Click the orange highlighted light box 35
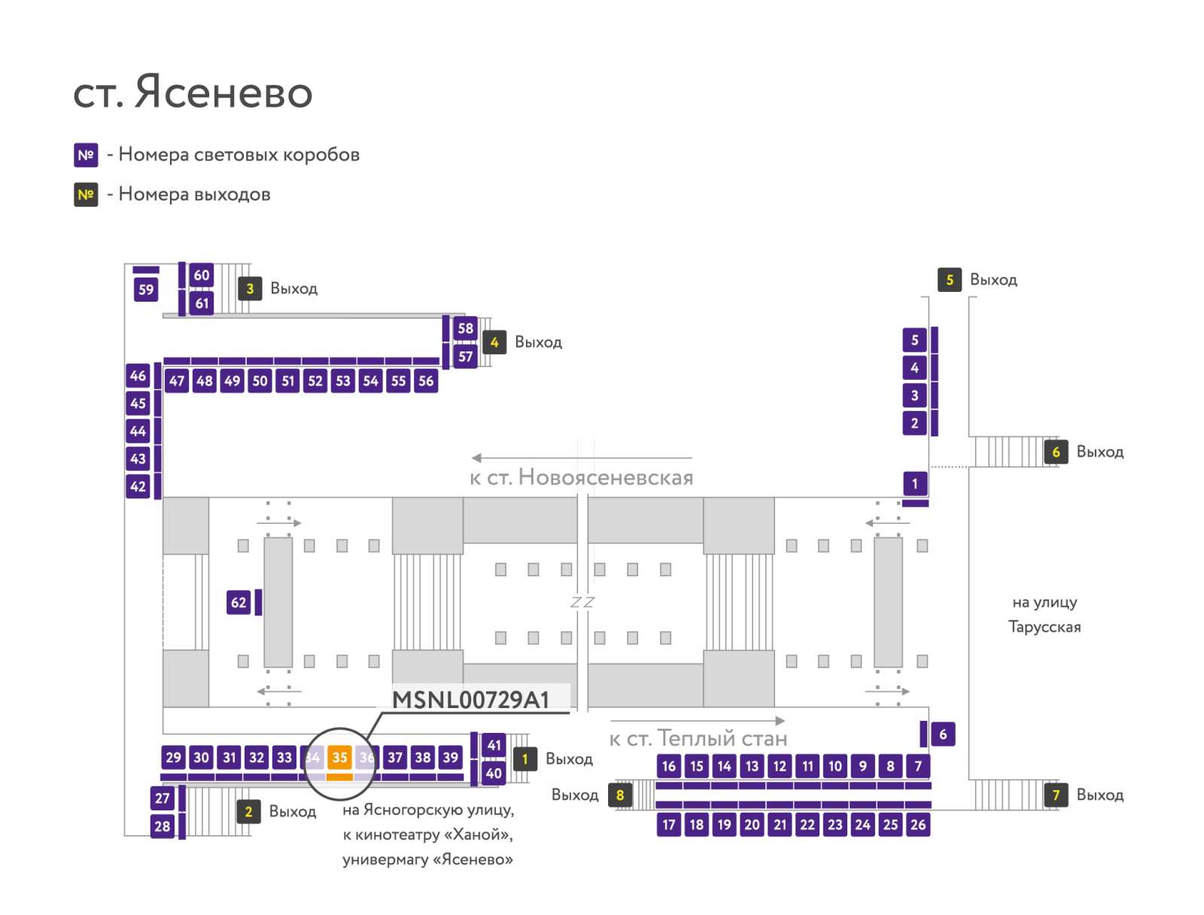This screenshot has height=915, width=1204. (339, 757)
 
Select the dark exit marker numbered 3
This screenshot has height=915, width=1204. (250, 288)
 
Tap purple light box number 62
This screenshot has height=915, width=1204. (239, 603)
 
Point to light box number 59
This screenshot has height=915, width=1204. (146, 290)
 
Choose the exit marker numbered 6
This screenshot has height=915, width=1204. (1056, 452)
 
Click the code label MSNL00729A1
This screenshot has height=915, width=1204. (470, 700)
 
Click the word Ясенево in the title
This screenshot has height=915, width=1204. (223, 92)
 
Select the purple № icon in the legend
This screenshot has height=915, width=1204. (86, 155)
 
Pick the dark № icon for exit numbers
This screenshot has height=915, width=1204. (86, 195)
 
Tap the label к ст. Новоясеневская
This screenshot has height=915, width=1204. (582, 478)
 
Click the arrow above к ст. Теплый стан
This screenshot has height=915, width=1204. (698, 720)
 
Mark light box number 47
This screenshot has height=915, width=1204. (177, 381)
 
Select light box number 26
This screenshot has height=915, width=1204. (918, 825)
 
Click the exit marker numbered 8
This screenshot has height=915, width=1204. (620, 795)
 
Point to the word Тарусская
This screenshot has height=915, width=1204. (1044, 627)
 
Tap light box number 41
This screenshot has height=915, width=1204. (494, 745)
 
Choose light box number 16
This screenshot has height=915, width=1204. (669, 766)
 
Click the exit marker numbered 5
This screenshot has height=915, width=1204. (950, 280)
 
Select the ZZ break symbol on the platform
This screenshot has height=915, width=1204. (582, 603)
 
